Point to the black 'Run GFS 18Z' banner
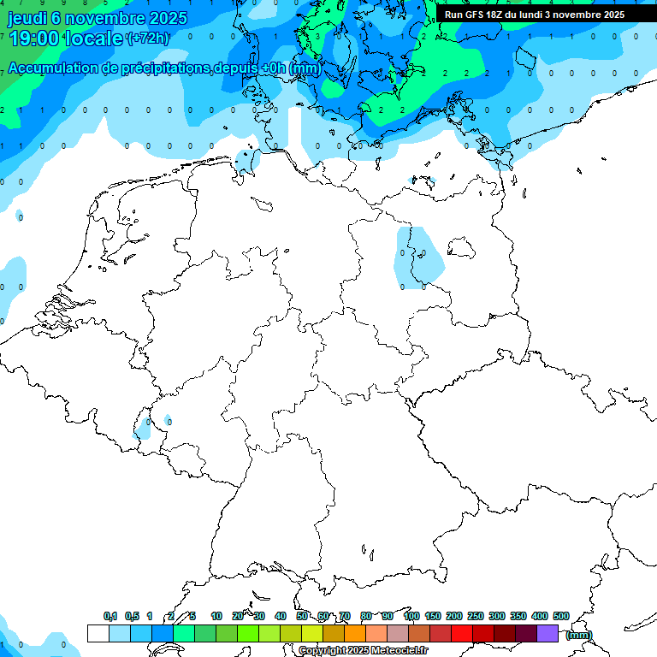coord(535,15)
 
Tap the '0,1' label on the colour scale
coord(110,616)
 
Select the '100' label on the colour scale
coord(411,616)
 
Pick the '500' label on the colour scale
coord(560,616)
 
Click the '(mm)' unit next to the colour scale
coord(579,635)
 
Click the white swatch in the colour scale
coord(98,633)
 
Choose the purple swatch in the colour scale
coord(547,633)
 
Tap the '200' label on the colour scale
coord(453,616)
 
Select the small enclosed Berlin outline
coord(462,248)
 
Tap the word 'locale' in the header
coord(97,38)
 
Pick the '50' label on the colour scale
coord(302,616)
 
